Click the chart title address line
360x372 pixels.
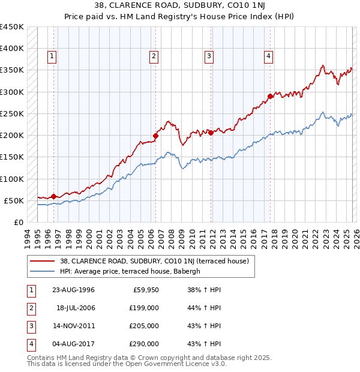coord(179,5)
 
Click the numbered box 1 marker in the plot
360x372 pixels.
coord(52,56)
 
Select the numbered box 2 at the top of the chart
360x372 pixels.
coord(154,56)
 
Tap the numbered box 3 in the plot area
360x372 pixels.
coord(209,56)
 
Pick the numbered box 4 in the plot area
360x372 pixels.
coord(268,56)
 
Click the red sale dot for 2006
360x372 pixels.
coord(155,136)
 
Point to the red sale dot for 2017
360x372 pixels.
coord(271,96)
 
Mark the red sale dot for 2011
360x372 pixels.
coord(211,133)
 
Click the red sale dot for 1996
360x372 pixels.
coord(53,196)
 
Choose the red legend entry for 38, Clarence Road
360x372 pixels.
coord(158,260)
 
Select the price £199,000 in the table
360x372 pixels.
coord(144,308)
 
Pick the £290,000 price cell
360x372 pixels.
coord(144,344)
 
